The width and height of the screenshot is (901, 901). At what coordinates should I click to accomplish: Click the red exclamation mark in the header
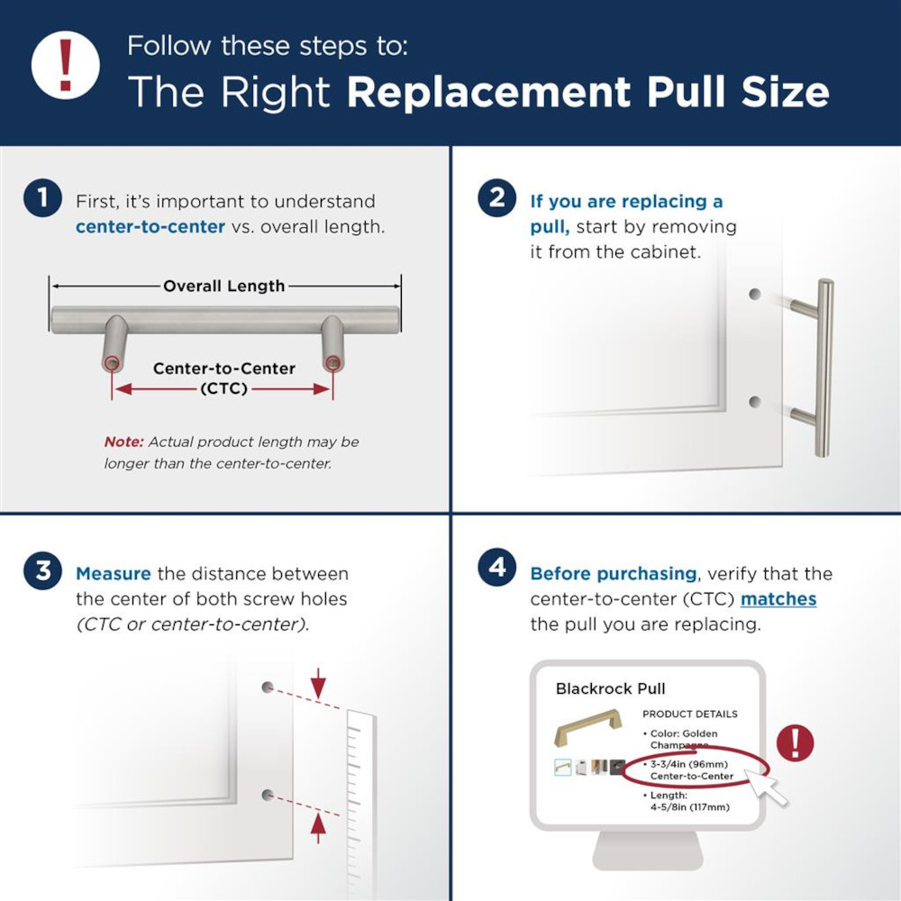coord(65,65)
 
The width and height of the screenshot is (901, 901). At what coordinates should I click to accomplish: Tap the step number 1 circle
coord(43,199)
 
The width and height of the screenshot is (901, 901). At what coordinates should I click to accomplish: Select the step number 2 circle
coord(497,199)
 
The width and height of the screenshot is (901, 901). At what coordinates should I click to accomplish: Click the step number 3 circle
coord(43,573)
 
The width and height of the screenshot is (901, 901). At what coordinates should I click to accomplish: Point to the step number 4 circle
coord(497,572)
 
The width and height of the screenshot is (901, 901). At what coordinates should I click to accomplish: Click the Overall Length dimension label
coord(224,287)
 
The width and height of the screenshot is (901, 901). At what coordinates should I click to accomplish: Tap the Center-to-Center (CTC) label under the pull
coord(224,378)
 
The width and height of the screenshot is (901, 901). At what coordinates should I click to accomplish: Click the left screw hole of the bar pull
coord(111,364)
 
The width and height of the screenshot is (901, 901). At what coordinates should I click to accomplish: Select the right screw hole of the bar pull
coord(332,364)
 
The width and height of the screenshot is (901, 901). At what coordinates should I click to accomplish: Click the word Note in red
coord(123,441)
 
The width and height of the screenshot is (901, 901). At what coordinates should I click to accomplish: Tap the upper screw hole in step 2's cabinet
coord(754,295)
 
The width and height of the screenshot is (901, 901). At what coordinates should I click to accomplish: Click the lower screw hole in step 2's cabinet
coord(754,401)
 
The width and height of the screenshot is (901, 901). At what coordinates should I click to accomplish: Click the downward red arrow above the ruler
coord(317,687)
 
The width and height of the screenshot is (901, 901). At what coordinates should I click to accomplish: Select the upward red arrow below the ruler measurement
coord(317,825)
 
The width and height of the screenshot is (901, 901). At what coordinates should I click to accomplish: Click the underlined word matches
coord(778,599)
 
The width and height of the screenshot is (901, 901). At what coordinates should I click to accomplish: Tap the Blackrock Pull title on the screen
coord(610,689)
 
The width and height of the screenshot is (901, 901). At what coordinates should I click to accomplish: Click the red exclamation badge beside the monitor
coord(795,743)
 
